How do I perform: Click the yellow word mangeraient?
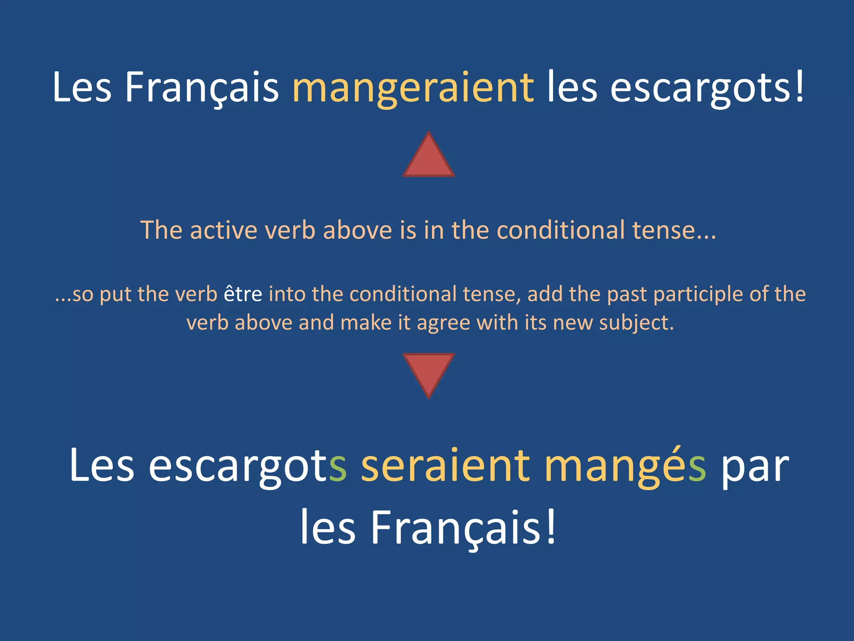(x=413, y=88)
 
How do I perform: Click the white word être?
(x=243, y=294)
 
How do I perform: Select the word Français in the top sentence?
(x=202, y=88)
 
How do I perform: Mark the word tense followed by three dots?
(x=663, y=230)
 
